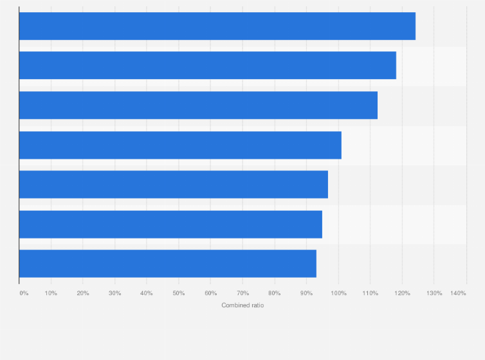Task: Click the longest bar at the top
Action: tap(217, 26)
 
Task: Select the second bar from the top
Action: tap(207, 66)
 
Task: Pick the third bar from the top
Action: tap(198, 105)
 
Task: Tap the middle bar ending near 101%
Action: tap(180, 145)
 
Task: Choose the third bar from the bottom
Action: tap(173, 184)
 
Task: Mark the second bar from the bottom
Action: tap(170, 224)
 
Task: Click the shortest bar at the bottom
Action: tap(167, 264)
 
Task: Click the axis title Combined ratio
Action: tap(243, 305)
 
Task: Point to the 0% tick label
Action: tap(24, 293)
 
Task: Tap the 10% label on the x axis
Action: tap(51, 293)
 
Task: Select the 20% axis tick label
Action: tap(83, 293)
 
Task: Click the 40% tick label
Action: tap(147, 293)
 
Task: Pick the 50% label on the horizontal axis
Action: tap(179, 293)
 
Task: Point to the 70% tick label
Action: tap(243, 293)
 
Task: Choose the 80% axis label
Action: tap(275, 293)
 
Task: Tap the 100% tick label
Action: tap(338, 293)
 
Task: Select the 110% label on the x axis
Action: tap(370, 293)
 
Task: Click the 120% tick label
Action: tap(402, 293)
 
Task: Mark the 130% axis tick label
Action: tap(434, 293)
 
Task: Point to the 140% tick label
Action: tap(458, 293)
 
